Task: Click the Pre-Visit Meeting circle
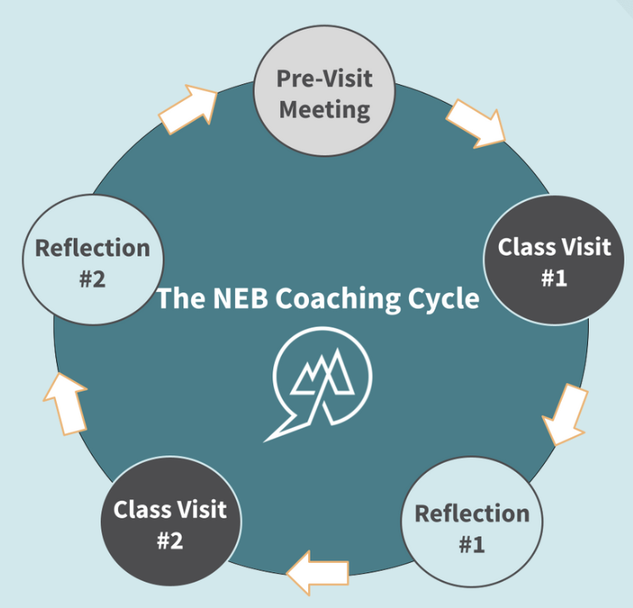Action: (x=325, y=95)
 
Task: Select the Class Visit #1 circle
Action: (x=553, y=262)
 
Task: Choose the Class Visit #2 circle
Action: (x=171, y=523)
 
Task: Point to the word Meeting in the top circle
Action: (x=325, y=110)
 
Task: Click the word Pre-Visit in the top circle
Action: (x=325, y=81)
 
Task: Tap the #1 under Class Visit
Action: (x=553, y=278)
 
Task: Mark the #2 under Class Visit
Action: (x=171, y=540)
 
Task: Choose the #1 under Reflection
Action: (x=472, y=544)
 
